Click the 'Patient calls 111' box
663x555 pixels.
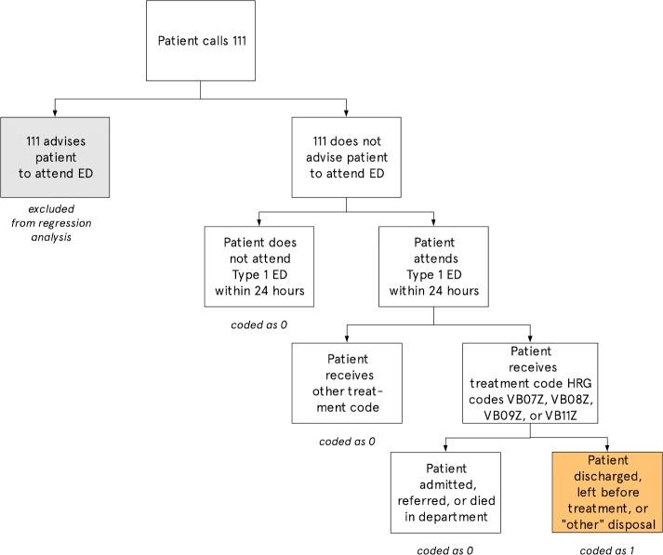point(201,40)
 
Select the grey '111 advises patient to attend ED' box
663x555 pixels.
point(55,156)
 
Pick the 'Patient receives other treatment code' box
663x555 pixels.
point(347,383)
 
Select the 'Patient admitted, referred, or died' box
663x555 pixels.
point(445,491)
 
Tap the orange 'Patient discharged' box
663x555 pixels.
point(608,492)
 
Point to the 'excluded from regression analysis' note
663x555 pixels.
point(52,223)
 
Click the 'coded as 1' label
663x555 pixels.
point(607,550)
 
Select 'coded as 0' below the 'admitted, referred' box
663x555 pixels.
point(446,550)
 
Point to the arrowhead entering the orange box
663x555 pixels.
point(608,447)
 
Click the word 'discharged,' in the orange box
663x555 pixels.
point(608,477)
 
